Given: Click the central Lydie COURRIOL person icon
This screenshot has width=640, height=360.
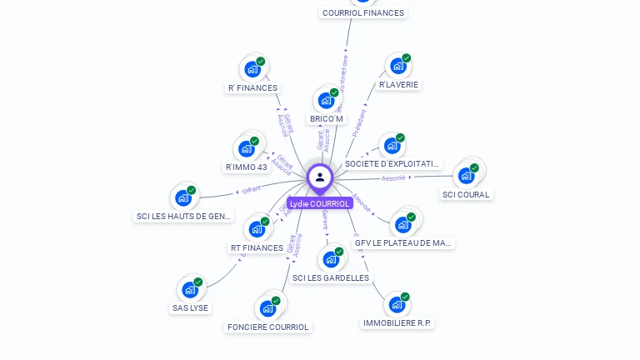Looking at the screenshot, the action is click(320, 177).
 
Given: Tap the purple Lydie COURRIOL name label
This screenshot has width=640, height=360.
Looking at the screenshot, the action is click(320, 203).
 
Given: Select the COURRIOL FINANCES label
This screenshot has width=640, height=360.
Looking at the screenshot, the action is click(363, 12).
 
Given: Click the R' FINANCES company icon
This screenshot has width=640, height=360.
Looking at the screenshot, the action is click(252, 69).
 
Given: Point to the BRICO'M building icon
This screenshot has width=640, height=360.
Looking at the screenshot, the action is click(326, 100).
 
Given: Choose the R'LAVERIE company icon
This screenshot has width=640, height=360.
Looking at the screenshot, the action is click(398, 66).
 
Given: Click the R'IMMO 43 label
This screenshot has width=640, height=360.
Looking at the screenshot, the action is click(247, 167).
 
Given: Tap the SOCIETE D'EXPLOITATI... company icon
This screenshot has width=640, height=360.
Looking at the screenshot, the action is click(392, 146).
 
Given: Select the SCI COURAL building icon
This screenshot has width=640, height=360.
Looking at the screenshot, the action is click(466, 175).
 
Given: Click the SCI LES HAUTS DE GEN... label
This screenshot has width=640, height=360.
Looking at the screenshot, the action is click(183, 216).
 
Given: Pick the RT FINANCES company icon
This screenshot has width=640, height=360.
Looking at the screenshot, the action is click(257, 229).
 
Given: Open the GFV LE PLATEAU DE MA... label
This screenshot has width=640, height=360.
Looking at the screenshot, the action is click(404, 243).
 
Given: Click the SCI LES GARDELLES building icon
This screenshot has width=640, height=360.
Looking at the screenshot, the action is click(331, 259).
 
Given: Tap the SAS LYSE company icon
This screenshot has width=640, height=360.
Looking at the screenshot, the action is click(190, 290).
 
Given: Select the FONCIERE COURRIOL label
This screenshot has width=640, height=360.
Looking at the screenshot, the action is click(268, 327).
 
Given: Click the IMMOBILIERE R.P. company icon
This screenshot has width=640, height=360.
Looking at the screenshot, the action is click(397, 304).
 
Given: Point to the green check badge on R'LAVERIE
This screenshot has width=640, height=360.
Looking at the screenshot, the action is click(407, 58).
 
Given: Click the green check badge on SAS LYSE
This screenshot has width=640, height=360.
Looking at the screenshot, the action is click(198, 282).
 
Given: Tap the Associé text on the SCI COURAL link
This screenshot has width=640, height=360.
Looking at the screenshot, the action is click(393, 178).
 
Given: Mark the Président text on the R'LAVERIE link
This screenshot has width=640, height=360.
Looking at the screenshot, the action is click(359, 122).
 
